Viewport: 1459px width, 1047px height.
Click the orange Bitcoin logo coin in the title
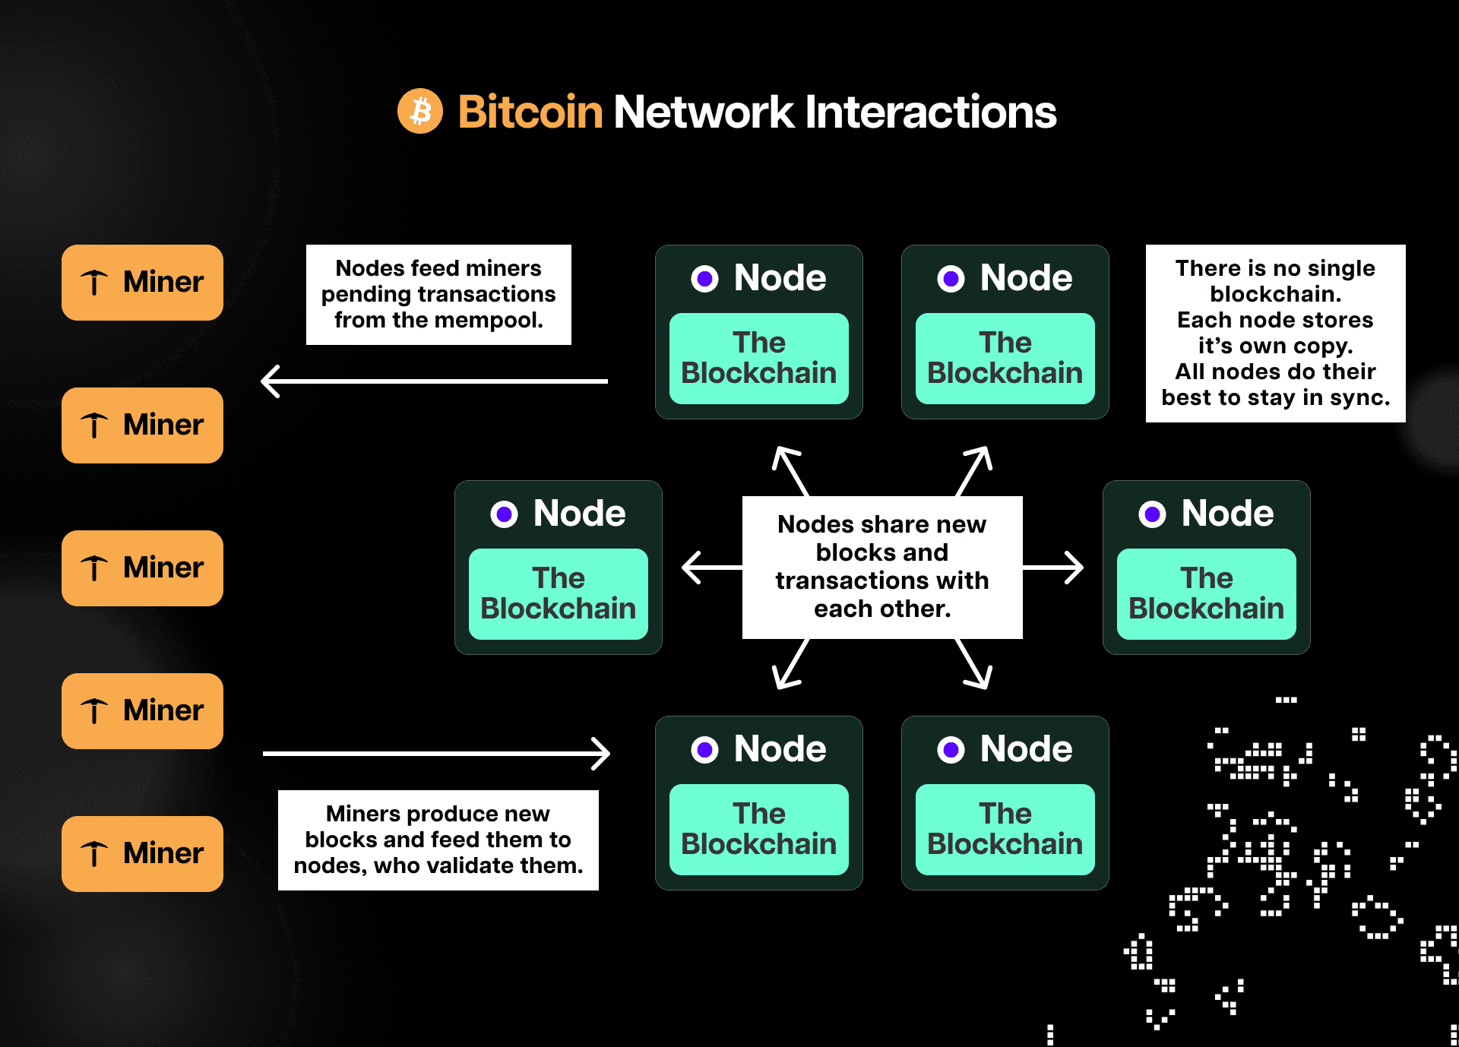pyautogui.click(x=419, y=112)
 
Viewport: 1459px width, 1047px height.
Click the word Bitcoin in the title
pyautogui.click(x=530, y=112)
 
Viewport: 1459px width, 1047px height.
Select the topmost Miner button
pyautogui.click(x=142, y=282)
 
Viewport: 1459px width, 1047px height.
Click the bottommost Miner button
pyautogui.click(x=142, y=853)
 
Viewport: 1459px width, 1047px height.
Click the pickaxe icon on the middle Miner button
pyautogui.click(x=94, y=568)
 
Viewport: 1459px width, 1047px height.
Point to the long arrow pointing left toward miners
pyautogui.click(x=433, y=381)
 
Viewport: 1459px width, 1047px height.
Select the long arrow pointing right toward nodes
pyautogui.click(x=437, y=754)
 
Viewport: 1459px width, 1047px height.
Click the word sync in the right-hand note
pyautogui.click(x=1360, y=397)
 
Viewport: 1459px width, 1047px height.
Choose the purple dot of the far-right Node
pyautogui.click(x=1152, y=514)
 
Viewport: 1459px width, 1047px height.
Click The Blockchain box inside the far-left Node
pyautogui.click(x=558, y=593)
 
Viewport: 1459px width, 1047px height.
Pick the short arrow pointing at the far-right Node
pyautogui.click(x=1054, y=568)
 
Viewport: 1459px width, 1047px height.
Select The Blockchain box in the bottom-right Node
pyautogui.click(x=1005, y=829)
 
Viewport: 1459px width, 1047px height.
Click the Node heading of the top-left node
pyautogui.click(x=780, y=278)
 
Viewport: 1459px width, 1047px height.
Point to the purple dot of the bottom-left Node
pyautogui.click(x=704, y=750)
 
